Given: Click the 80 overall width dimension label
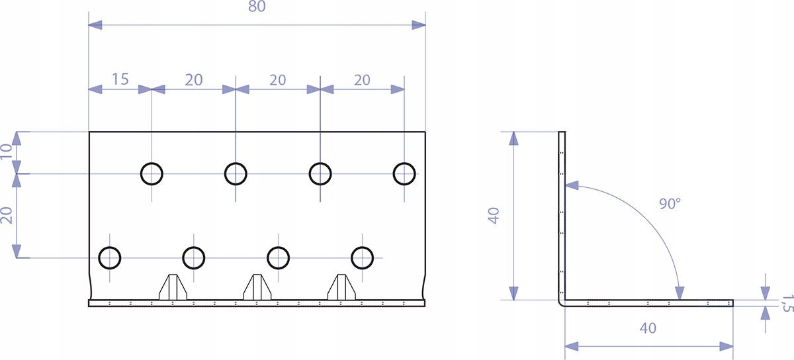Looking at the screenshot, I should (x=257, y=8).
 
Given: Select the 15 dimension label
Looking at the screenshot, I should (x=120, y=79).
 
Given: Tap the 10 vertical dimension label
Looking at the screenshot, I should (x=7, y=153).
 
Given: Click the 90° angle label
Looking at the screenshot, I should (x=670, y=204).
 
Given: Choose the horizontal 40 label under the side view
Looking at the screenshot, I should (x=648, y=328).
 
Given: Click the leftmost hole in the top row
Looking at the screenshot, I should (x=152, y=174).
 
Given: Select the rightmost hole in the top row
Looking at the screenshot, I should (x=404, y=174).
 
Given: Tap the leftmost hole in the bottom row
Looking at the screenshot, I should (x=110, y=257).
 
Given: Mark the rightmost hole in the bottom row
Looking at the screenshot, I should (x=362, y=257).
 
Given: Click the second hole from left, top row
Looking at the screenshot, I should (x=236, y=174).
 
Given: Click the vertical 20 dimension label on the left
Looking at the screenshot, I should (x=7, y=216).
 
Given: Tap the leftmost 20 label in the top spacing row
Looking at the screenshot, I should (x=194, y=79).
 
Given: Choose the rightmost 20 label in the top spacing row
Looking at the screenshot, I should (x=362, y=79).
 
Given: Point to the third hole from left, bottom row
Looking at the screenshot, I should (x=278, y=257).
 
